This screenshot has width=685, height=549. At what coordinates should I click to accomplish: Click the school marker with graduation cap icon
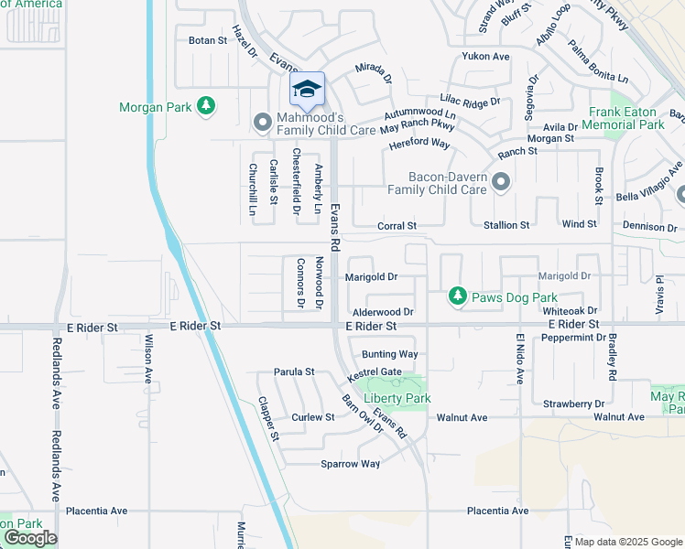[308, 89]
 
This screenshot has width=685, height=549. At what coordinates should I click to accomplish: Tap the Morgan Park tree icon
[207, 107]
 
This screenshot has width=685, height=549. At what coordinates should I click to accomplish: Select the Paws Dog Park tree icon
[457, 296]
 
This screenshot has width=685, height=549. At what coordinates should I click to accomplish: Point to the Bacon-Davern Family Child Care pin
[500, 181]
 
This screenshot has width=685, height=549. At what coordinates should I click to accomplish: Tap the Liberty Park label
[397, 398]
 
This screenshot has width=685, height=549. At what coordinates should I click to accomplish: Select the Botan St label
[207, 40]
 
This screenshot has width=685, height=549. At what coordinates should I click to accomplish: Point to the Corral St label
[397, 225]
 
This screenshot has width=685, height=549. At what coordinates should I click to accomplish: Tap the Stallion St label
[506, 224]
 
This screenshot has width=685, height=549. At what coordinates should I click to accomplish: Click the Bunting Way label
[389, 354]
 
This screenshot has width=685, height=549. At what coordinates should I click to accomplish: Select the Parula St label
[294, 372]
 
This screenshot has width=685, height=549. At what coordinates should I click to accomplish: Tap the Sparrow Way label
[350, 464]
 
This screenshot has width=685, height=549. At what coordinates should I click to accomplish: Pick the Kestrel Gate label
[375, 374]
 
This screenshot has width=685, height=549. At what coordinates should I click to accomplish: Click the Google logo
[30, 538]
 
